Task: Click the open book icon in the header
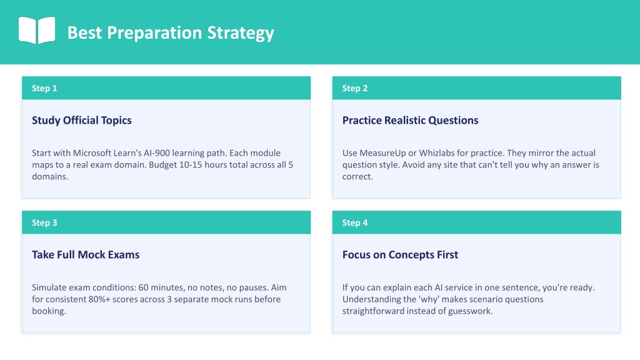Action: point(37,30)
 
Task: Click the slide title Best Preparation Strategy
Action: point(171,32)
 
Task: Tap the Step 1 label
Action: point(44,88)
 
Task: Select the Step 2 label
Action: point(355,88)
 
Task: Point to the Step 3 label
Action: point(44,222)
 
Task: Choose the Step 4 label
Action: point(355,222)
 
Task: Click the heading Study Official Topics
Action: point(82,121)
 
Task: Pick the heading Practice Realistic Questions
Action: point(410,121)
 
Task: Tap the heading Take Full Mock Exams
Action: point(86,255)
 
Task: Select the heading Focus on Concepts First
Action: point(400,255)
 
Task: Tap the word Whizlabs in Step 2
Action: point(436,153)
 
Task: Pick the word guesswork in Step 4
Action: point(470,311)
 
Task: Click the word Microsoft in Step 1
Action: point(92,153)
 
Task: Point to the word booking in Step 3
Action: point(49,311)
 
